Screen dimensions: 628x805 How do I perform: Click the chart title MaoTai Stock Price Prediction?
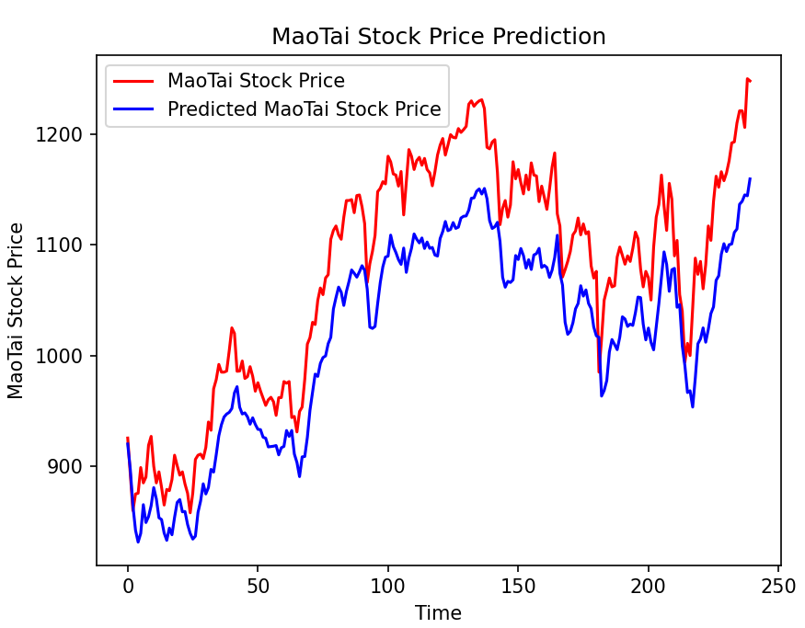click(438, 37)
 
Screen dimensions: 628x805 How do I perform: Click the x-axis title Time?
click(438, 613)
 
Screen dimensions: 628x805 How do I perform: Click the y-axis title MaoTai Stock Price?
click(16, 311)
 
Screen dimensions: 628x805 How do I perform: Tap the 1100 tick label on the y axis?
click(65, 245)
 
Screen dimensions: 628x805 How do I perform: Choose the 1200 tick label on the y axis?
click(65, 135)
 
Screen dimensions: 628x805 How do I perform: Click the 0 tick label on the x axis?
click(128, 585)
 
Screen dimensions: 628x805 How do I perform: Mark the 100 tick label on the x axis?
click(387, 585)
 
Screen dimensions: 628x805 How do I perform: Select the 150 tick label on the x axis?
click(518, 585)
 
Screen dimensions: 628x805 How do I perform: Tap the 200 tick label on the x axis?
click(648, 585)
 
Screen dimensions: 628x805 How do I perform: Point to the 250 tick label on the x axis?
click(777, 585)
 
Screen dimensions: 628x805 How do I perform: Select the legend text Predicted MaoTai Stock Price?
click(304, 109)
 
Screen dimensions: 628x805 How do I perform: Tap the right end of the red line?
click(750, 81)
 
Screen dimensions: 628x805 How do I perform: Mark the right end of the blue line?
click(750, 178)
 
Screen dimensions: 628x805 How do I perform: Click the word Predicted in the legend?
click(212, 109)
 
